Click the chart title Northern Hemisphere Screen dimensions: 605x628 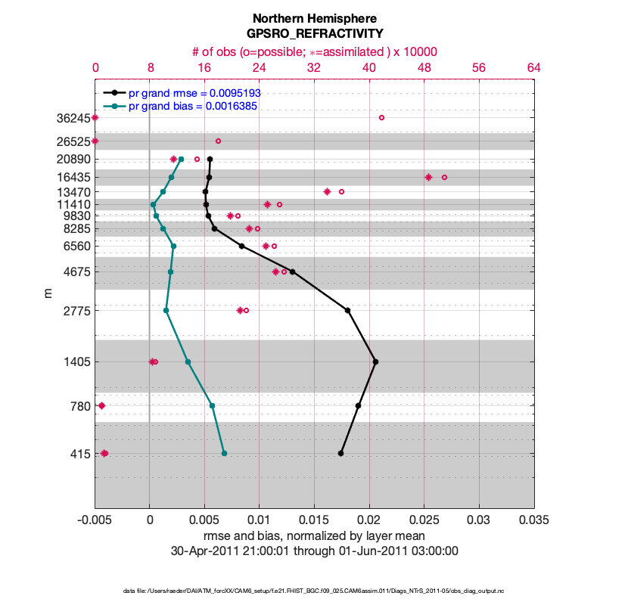pyautogui.click(x=314, y=18)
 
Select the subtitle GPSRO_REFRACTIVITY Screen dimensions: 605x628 pyautogui.click(x=314, y=34)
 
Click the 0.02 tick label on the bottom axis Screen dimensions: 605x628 pyautogui.click(x=369, y=521)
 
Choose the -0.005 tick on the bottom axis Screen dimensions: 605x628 pyautogui.click(x=95, y=521)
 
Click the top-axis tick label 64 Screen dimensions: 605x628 pyautogui.click(x=533, y=67)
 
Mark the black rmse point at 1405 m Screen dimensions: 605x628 pyautogui.click(x=375, y=361)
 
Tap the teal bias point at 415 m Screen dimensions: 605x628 pyautogui.click(x=224, y=453)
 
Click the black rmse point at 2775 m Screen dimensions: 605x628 pyautogui.click(x=347, y=310)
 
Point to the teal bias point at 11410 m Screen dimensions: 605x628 pyautogui.click(x=153, y=204)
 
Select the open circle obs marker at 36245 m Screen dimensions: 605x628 pyautogui.click(x=381, y=117)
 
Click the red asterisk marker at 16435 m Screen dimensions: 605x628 pyautogui.click(x=428, y=177)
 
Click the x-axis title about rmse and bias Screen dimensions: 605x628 pyautogui.click(x=314, y=536)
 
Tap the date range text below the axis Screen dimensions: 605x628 pyautogui.click(x=314, y=551)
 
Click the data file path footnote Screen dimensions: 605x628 pyautogui.click(x=314, y=589)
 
